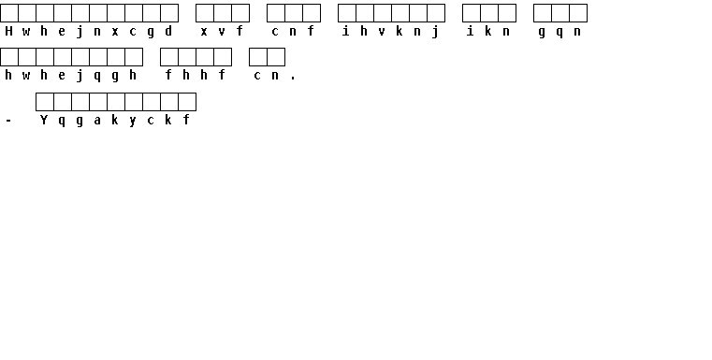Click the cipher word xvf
point(222,31)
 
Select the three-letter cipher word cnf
point(293,31)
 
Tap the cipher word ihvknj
point(391,32)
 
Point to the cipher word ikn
point(488,31)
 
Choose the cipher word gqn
point(559,32)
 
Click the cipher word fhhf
point(196,75)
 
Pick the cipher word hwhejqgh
point(71,76)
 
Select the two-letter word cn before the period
point(267,76)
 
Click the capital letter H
point(8,31)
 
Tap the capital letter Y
point(44,120)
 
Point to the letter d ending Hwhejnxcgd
point(168,31)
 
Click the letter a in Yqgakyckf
point(97,121)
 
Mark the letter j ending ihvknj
point(435,32)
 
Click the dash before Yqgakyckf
point(8,121)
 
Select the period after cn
point(293,79)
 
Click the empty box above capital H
point(9,13)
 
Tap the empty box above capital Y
point(45,102)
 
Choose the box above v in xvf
point(223,13)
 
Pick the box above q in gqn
point(560,13)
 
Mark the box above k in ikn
point(489,13)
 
